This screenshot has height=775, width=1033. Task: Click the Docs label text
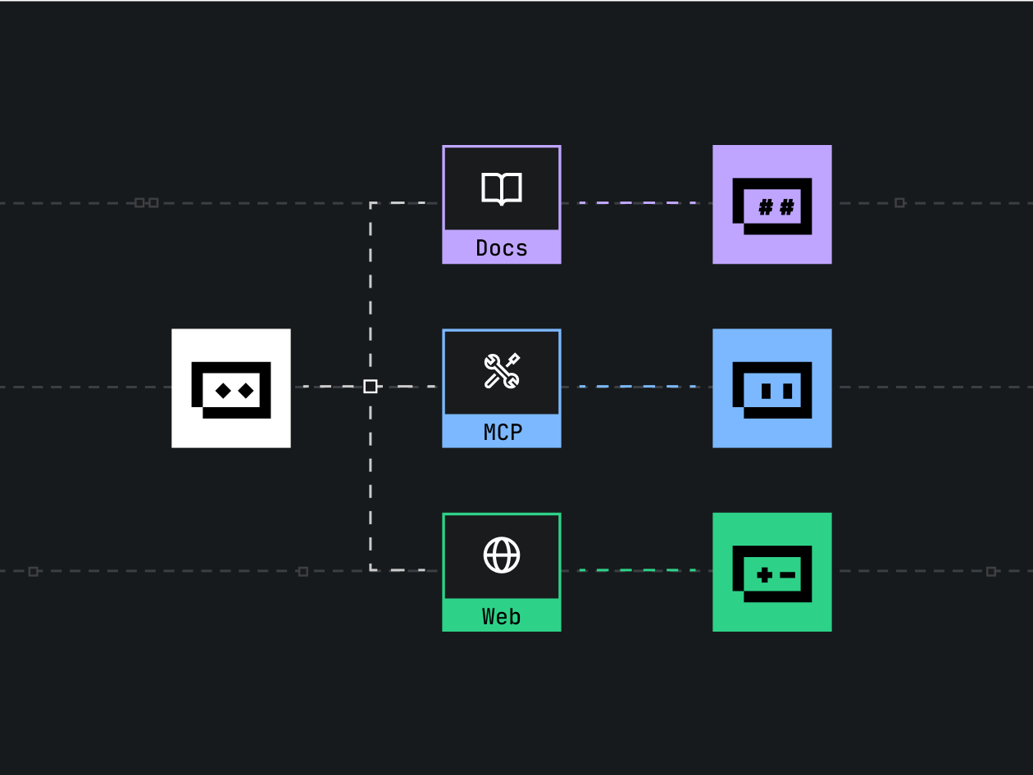pyautogui.click(x=502, y=248)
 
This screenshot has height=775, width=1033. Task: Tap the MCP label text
pyautogui.click(x=502, y=432)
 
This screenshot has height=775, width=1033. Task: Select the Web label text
pyautogui.click(x=502, y=616)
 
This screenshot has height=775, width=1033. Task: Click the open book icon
pyautogui.click(x=502, y=188)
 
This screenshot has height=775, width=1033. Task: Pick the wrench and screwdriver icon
pyautogui.click(x=502, y=371)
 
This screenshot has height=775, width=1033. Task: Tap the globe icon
pyautogui.click(x=502, y=555)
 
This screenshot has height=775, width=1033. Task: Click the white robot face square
pyautogui.click(x=231, y=388)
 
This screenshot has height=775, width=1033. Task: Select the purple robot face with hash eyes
pyautogui.click(x=772, y=205)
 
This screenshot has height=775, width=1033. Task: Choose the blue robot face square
pyautogui.click(x=772, y=388)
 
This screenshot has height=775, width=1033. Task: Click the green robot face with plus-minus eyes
pyautogui.click(x=772, y=572)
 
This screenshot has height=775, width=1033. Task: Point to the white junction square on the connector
pyautogui.click(x=371, y=386)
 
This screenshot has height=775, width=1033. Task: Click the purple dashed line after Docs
pyautogui.click(x=637, y=202)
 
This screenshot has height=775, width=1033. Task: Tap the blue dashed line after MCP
pyautogui.click(x=637, y=386)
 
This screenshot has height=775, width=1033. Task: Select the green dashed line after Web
pyautogui.click(x=637, y=569)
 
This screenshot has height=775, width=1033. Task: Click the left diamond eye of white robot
pyautogui.click(x=223, y=391)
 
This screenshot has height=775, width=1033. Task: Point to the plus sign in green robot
pyautogui.click(x=764, y=575)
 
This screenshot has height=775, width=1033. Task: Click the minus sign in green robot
pyautogui.click(x=787, y=575)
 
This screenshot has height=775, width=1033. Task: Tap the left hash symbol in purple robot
pyautogui.click(x=765, y=207)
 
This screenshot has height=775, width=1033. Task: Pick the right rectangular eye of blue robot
pyautogui.click(x=788, y=391)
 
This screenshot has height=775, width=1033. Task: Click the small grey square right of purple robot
pyautogui.click(x=899, y=202)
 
